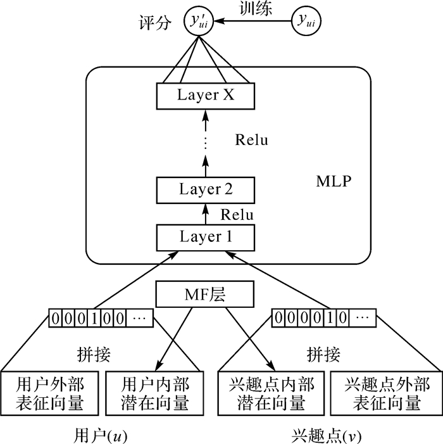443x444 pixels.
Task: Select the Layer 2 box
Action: pyautogui.click(x=206, y=189)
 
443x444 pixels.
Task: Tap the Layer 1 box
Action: pyautogui.click(x=206, y=238)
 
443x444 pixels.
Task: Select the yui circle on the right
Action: pyautogui.click(x=309, y=21)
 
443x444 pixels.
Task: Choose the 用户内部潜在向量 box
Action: pyautogui.click(x=155, y=393)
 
